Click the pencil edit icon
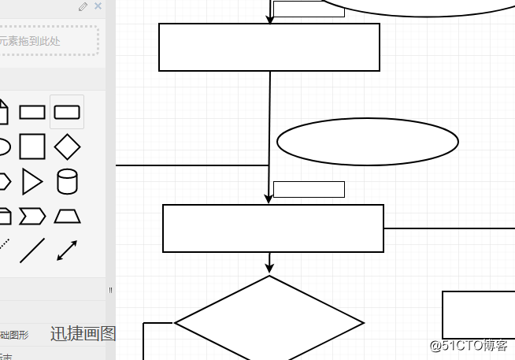[83, 7]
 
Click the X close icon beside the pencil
[98, 6]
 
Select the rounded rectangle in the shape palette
[67, 113]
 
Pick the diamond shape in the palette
[67, 147]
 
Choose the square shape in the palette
[32, 147]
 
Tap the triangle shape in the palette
[32, 181]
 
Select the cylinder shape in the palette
[67, 181]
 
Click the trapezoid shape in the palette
[67, 216]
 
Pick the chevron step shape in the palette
[32, 216]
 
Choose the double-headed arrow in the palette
[67, 251]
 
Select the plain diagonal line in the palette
[32, 251]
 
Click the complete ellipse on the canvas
[368, 142]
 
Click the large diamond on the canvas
[269, 322]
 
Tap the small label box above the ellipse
[309, 9]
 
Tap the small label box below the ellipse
[309, 190]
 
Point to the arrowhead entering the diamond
[269, 269]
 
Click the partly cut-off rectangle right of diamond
[478, 315]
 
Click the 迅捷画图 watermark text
[83, 334]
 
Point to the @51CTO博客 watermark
[469, 346]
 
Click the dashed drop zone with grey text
[49, 40]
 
